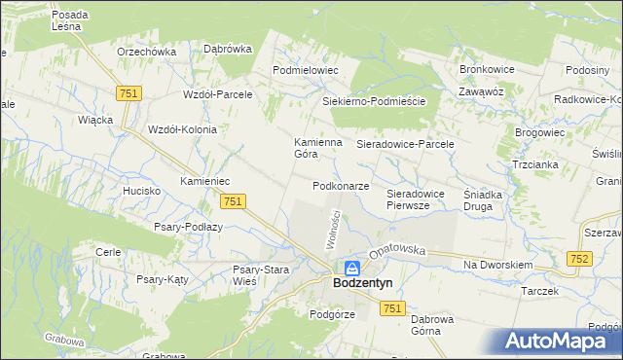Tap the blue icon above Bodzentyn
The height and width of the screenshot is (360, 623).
coord(351,268)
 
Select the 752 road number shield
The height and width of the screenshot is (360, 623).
coord(580,258)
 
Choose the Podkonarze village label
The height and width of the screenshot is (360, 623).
coord(341,186)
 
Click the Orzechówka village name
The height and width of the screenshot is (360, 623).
coord(145,52)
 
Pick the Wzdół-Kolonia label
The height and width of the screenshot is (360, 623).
coord(181,129)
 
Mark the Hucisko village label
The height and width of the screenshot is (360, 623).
coord(142,191)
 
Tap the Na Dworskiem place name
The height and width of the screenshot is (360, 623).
coord(497,265)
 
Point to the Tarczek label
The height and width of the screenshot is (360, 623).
coord(539,291)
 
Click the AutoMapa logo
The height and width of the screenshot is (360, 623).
coord(563,342)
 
